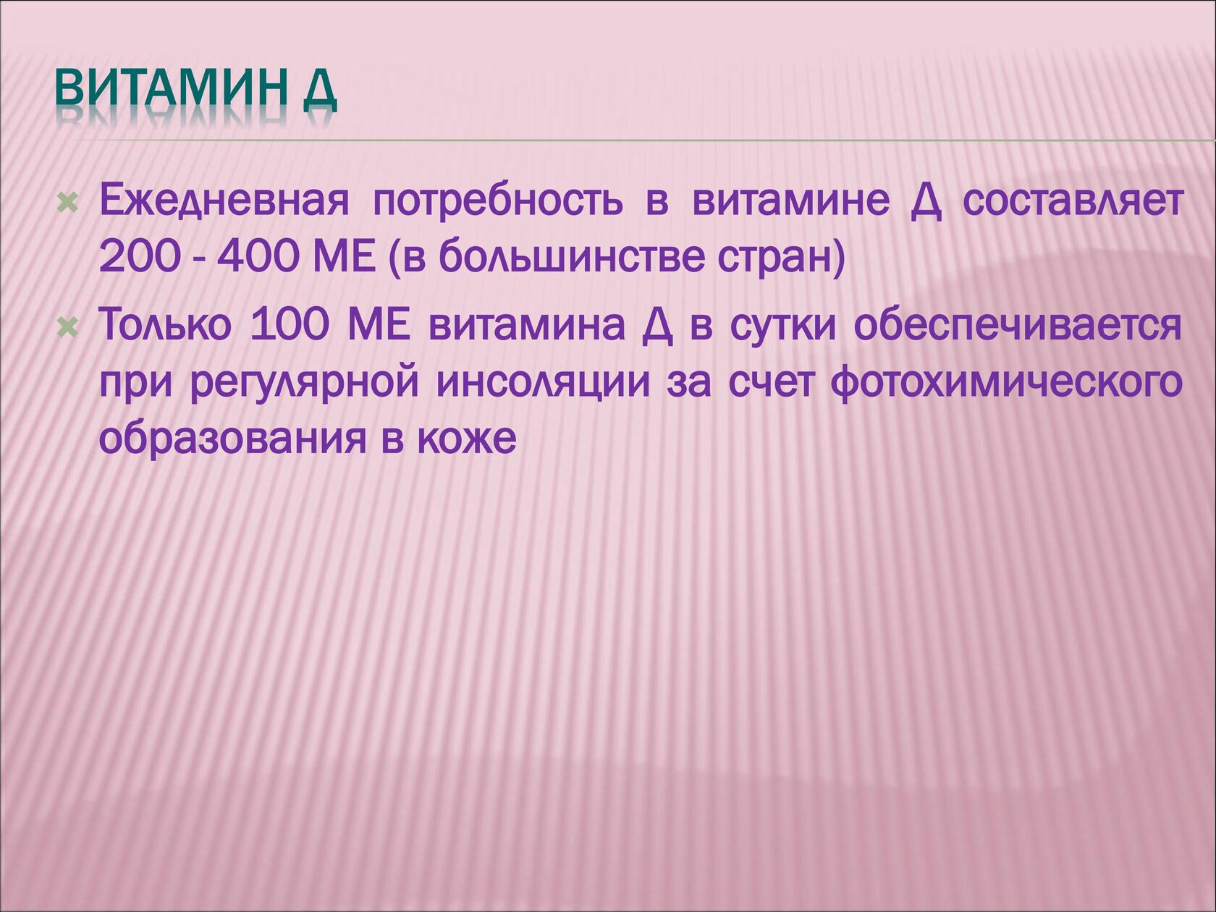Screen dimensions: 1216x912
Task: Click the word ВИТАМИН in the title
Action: tap(169, 88)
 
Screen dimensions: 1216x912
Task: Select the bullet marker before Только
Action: tap(67, 328)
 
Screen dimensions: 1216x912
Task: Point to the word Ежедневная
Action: tap(224, 201)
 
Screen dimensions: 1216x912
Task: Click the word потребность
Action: tap(498, 202)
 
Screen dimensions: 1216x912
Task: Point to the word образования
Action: tap(232, 439)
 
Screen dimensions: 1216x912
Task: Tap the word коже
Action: tap(466, 441)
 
